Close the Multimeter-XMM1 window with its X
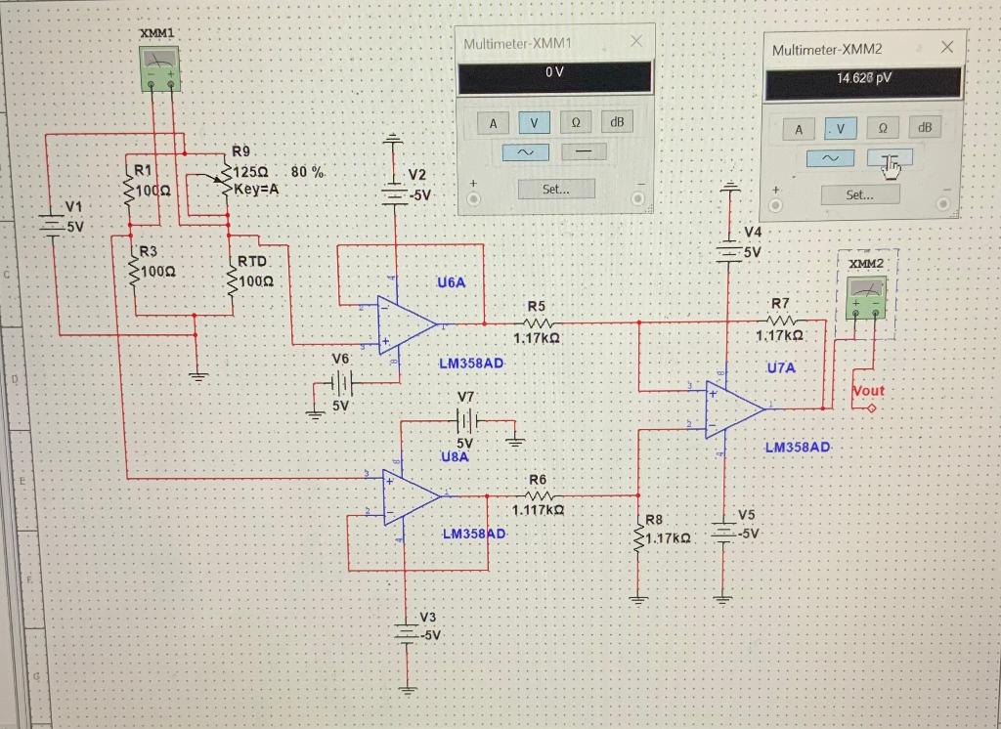tap(636, 41)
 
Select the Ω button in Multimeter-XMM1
tap(576, 122)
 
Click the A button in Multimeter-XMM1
tap(493, 123)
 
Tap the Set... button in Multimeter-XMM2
tap(859, 194)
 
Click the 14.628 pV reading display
tap(863, 80)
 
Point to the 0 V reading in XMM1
tap(555, 75)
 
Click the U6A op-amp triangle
tap(407, 324)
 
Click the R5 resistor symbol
tap(542, 322)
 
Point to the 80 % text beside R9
tap(308, 172)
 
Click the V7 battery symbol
tap(466, 420)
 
